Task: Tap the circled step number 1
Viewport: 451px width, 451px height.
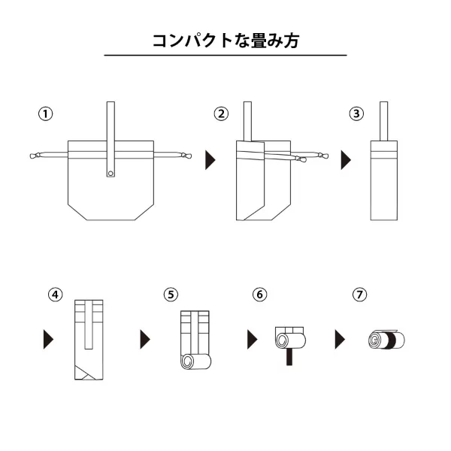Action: tap(46, 114)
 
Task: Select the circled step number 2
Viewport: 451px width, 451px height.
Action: tap(221, 114)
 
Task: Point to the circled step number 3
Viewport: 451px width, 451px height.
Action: tap(356, 114)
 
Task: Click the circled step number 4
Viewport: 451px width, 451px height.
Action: tap(55, 294)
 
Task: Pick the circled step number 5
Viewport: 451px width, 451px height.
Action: tap(171, 294)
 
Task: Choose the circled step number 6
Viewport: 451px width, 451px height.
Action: tap(259, 294)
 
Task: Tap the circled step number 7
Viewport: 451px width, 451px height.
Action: tap(360, 294)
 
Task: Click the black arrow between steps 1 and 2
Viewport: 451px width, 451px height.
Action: tap(211, 160)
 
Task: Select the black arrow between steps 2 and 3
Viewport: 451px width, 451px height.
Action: tap(347, 160)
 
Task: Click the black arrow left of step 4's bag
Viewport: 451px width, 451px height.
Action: tap(49, 340)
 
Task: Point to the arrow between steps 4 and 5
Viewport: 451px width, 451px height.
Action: tap(145, 340)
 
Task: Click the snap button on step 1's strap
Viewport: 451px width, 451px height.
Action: tap(111, 174)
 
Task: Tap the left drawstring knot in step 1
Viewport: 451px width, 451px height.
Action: tap(34, 156)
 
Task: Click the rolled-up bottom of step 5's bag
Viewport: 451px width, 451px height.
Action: tap(195, 362)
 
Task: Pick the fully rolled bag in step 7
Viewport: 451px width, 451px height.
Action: tap(386, 340)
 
